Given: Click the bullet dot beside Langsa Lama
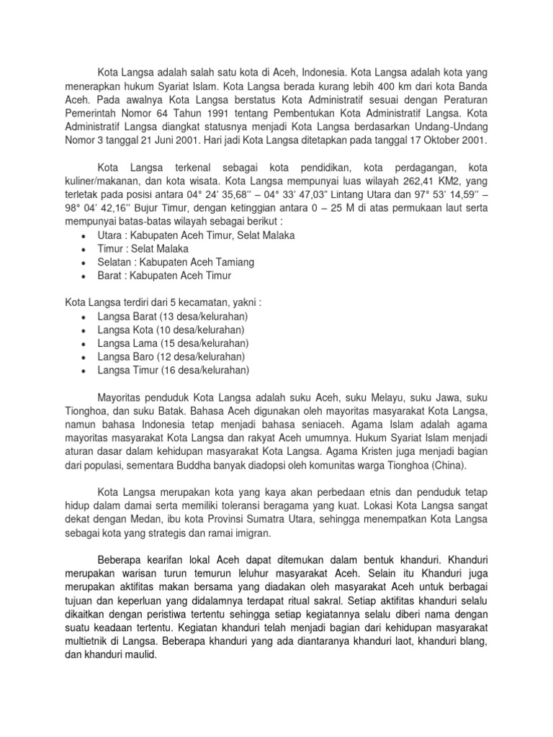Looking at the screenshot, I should click(85, 344).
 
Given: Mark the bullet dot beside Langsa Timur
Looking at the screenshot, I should click(85, 371).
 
